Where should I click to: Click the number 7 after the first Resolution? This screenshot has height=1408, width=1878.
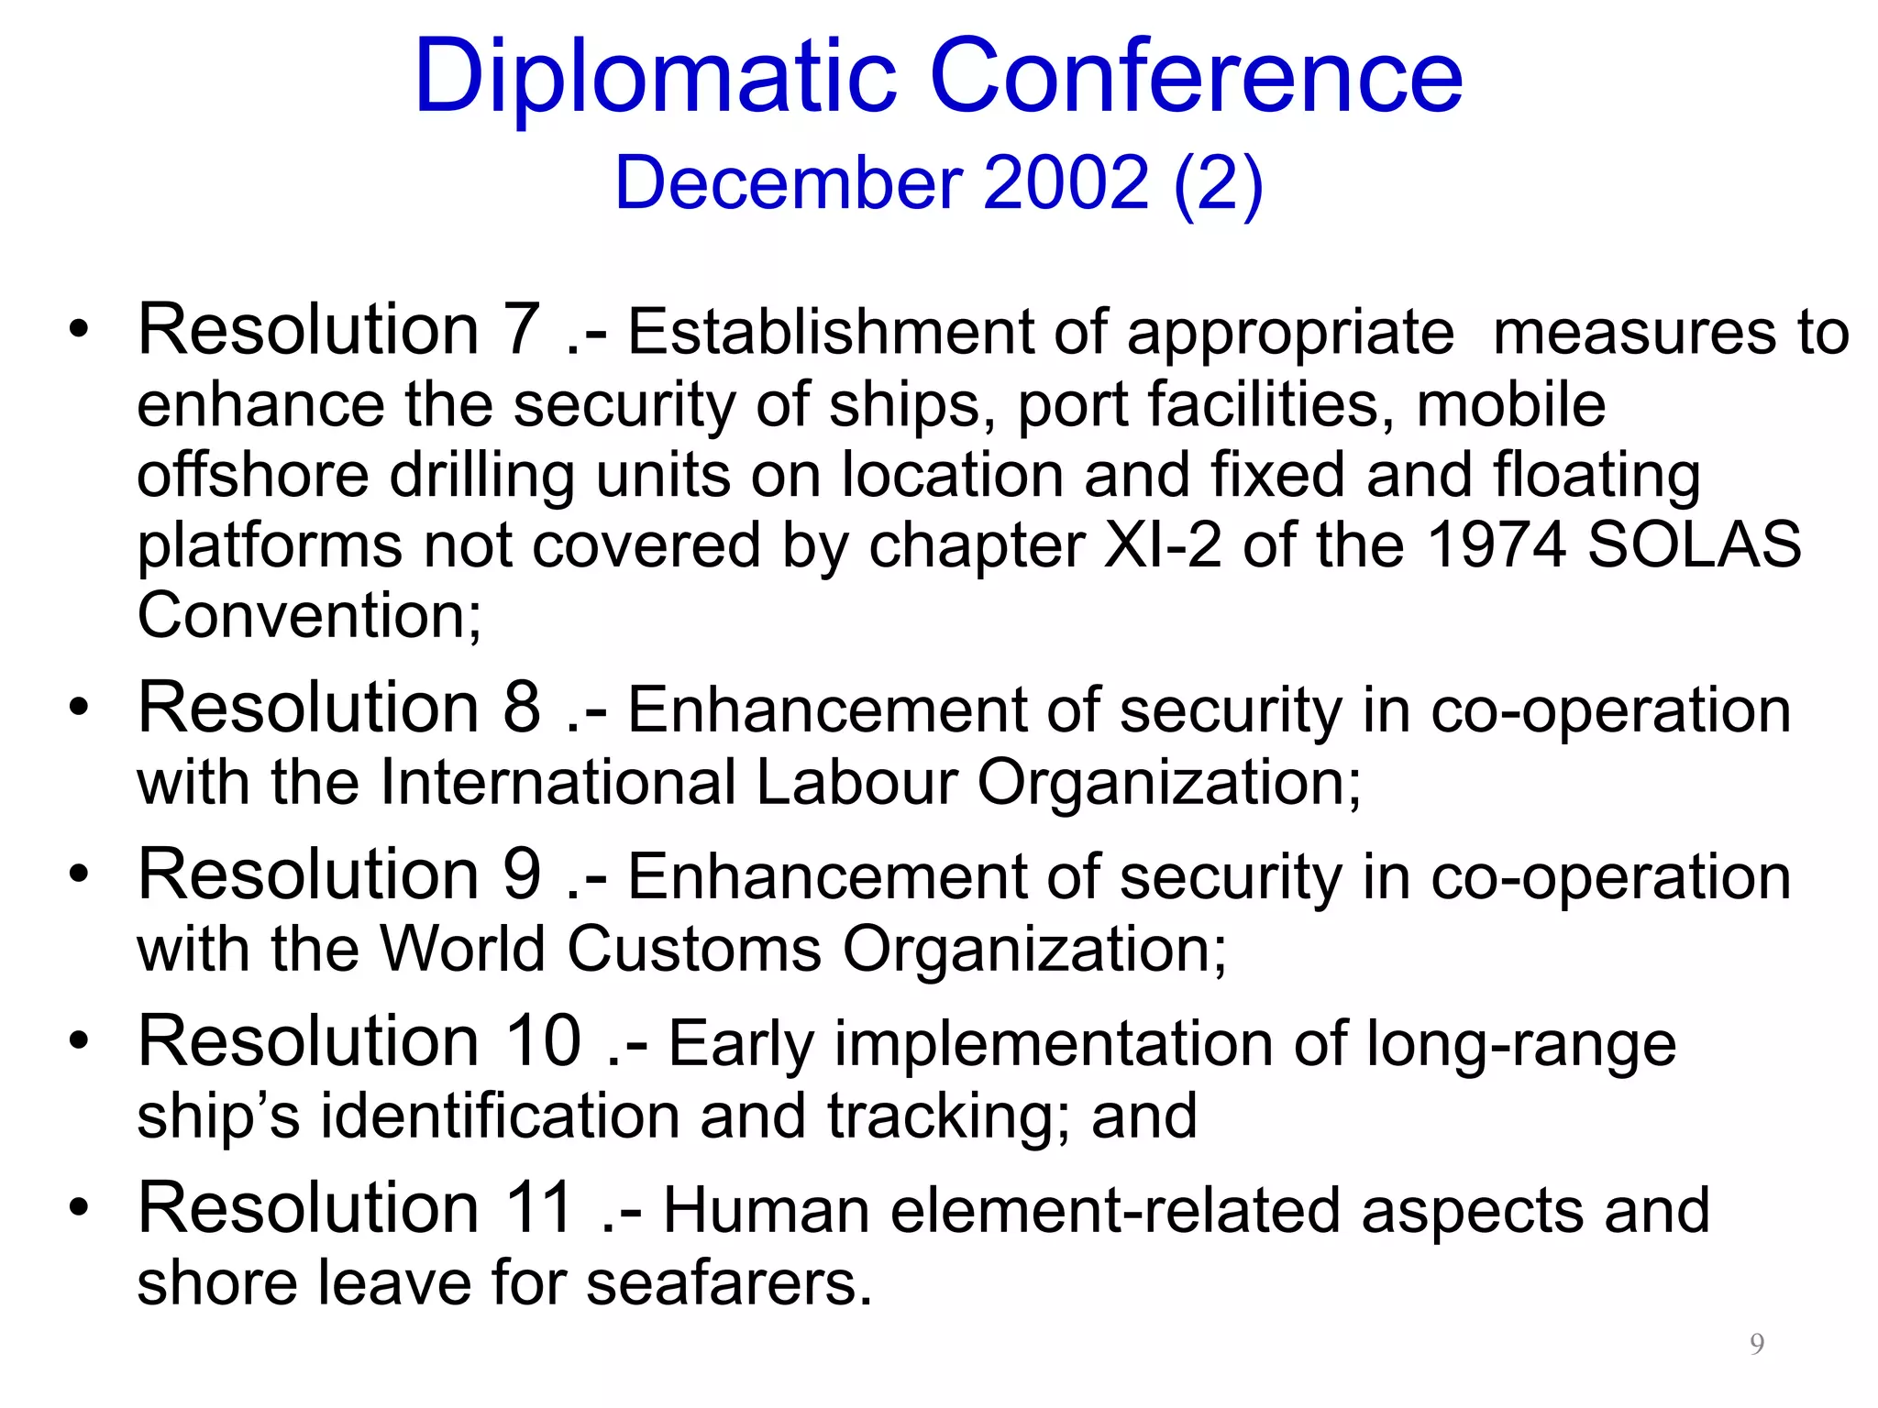pyautogui.click(x=522, y=330)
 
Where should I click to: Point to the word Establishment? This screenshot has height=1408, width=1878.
pyautogui.click(x=830, y=333)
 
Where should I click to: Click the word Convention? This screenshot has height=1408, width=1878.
pyautogui.click(x=309, y=616)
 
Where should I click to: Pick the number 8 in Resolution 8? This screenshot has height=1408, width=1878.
pyautogui.click(x=522, y=709)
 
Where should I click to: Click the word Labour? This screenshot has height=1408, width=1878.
pyautogui.click(x=856, y=784)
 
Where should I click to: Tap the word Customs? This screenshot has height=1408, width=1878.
pyautogui.click(x=694, y=950)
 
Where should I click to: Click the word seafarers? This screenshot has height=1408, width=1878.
pyautogui.click(x=729, y=1282)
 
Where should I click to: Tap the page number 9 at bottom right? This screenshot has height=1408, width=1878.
pyautogui.click(x=1756, y=1344)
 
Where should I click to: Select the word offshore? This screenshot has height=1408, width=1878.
pyautogui.click(x=252, y=477)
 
